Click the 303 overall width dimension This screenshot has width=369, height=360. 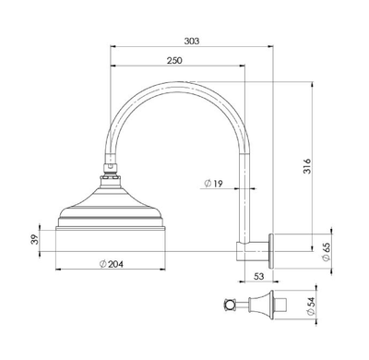pos(191,42)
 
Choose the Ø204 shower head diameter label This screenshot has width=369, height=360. pos(111,264)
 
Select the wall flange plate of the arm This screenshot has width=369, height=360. pos(273,247)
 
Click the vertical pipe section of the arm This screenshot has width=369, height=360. pos(244,185)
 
